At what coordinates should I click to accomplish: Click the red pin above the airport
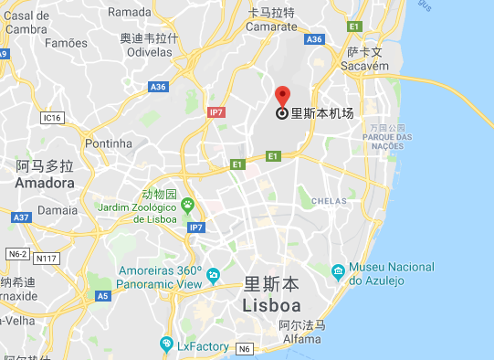coord(282,96)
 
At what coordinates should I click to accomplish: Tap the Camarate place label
coord(271,26)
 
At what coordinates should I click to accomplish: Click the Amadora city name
coord(45,183)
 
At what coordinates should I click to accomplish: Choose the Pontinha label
coord(108,143)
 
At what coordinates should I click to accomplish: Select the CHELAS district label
coord(329,201)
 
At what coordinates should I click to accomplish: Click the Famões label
coord(67,42)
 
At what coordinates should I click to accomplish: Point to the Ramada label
coord(129,12)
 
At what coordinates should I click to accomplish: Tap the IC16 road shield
coord(52,118)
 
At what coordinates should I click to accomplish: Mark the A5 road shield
coord(102,296)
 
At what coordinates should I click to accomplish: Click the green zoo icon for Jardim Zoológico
coord(188,205)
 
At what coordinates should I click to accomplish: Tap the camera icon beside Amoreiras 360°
coord(214,274)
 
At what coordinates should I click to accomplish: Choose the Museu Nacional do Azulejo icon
coord(339,270)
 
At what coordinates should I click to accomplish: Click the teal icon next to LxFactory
coord(166,344)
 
